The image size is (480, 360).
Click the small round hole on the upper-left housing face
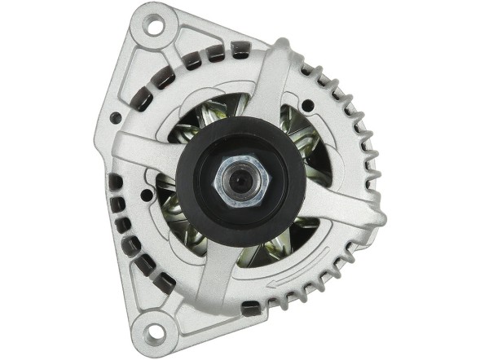[x=116, y=119]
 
